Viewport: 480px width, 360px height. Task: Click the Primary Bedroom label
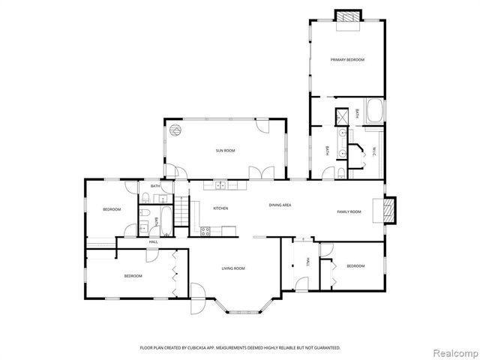346,59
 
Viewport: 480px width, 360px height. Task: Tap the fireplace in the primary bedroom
346,16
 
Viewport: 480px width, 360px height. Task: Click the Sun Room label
226,151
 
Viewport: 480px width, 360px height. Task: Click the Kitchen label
199,208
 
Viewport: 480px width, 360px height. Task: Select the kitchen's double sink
221,185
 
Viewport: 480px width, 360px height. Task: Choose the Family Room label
348,211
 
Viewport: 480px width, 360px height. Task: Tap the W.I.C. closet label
373,152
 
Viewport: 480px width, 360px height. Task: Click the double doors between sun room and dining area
257,173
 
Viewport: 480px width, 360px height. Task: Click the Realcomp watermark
453,351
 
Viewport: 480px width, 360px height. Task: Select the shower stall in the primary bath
342,116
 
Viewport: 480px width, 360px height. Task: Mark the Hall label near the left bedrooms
153,241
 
